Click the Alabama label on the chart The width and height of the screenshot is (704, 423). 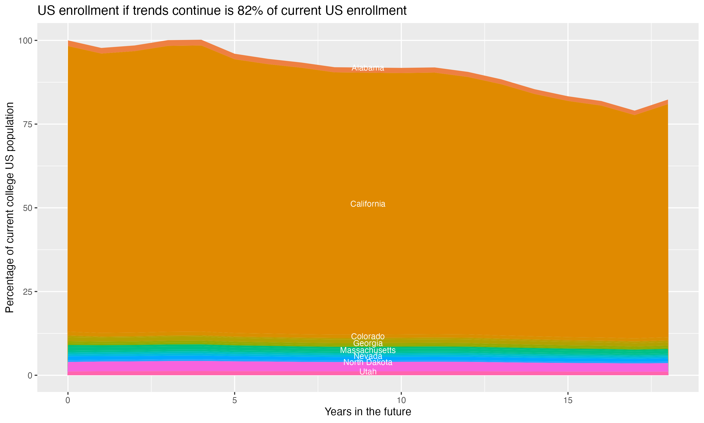[x=368, y=68]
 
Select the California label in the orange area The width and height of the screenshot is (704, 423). [x=368, y=204]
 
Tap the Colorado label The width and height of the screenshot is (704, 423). [x=368, y=336]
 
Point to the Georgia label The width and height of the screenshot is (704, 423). [x=368, y=343]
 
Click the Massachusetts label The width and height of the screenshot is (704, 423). [x=368, y=350]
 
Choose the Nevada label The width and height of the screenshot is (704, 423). [x=368, y=356]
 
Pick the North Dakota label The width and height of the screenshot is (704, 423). [x=368, y=362]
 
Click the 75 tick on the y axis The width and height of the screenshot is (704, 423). [x=28, y=124]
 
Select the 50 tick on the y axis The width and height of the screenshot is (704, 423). [x=28, y=208]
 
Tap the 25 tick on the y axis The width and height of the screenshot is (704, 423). [x=28, y=292]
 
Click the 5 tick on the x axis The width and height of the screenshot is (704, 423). [x=234, y=400]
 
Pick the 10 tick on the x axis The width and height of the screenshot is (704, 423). [x=401, y=400]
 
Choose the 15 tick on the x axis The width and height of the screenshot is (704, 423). [x=568, y=400]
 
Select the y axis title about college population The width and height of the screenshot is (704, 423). [x=10, y=208]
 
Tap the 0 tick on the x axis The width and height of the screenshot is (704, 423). [x=68, y=400]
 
